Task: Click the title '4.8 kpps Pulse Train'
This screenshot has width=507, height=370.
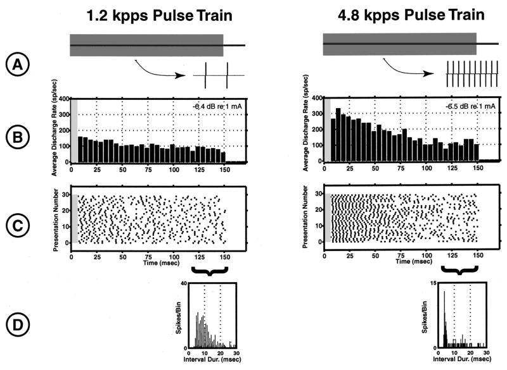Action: pos(409,14)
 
